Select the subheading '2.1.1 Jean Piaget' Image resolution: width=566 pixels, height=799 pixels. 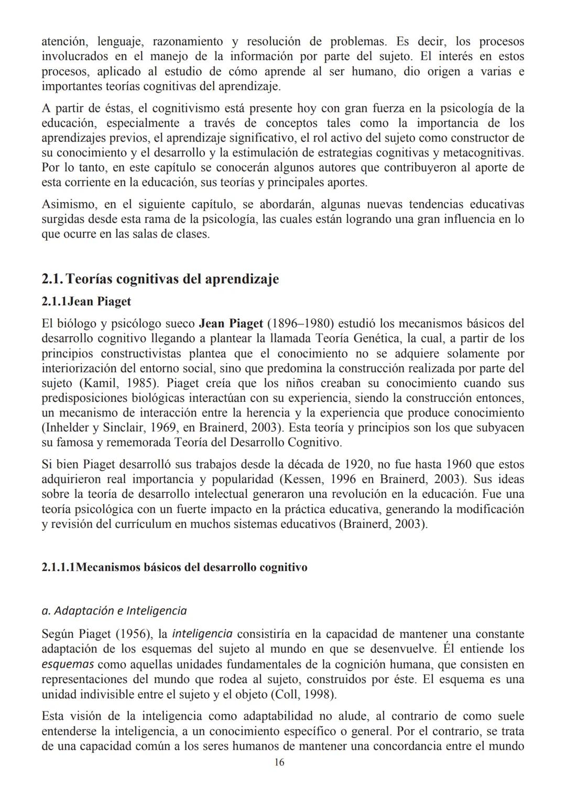coord(86,302)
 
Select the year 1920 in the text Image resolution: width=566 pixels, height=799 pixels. coord(357,465)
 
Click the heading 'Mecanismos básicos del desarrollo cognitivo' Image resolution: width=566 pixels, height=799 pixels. coord(192,567)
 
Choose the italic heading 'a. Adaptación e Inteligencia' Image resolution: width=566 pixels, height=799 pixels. coord(114,611)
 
